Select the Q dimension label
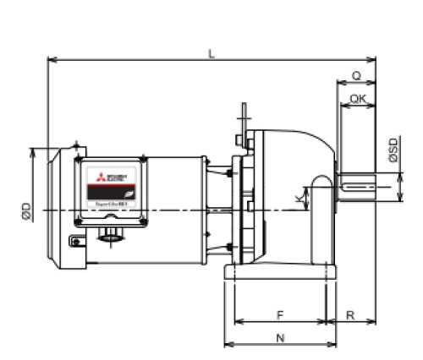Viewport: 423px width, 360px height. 356,75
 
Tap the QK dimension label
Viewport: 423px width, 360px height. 358,98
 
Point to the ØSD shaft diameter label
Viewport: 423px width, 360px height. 394,149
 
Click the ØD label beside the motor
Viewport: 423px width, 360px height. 26,211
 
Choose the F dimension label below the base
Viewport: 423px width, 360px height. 279,314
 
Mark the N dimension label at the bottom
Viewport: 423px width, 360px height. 279,337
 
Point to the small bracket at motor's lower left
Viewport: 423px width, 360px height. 78,242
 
